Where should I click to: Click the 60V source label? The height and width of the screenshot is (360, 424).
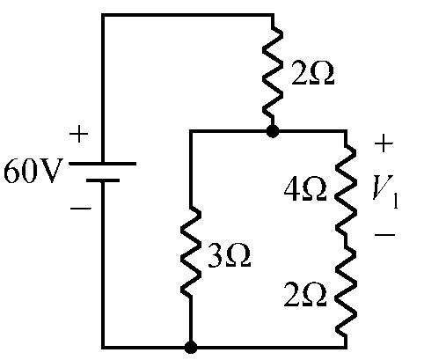coord(33,171)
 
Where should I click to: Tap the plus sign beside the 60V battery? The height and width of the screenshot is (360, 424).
coord(78,134)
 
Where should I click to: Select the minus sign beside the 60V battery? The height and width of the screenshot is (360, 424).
coord(81,209)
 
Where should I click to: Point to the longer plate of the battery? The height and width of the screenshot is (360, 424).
coord(102,164)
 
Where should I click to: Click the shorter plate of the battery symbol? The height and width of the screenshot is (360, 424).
coord(103,180)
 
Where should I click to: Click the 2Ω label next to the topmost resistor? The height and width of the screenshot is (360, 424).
coord(312,74)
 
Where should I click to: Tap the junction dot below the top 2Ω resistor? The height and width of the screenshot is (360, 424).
coord(273,131)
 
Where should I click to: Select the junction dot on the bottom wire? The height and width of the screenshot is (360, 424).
coord(191,348)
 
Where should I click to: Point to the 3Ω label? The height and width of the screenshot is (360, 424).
coord(230,256)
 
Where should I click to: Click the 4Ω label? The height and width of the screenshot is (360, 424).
coord(305,189)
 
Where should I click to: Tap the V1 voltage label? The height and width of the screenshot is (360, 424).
coord(385,191)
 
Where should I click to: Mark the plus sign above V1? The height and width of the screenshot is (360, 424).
coord(384,143)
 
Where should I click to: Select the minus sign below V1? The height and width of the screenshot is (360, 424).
coord(384,234)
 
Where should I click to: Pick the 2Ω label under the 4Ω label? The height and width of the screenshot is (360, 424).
coord(305,295)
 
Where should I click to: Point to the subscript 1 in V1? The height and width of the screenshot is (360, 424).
coord(395,201)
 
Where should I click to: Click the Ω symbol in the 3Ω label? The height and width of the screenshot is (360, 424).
coord(238,256)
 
